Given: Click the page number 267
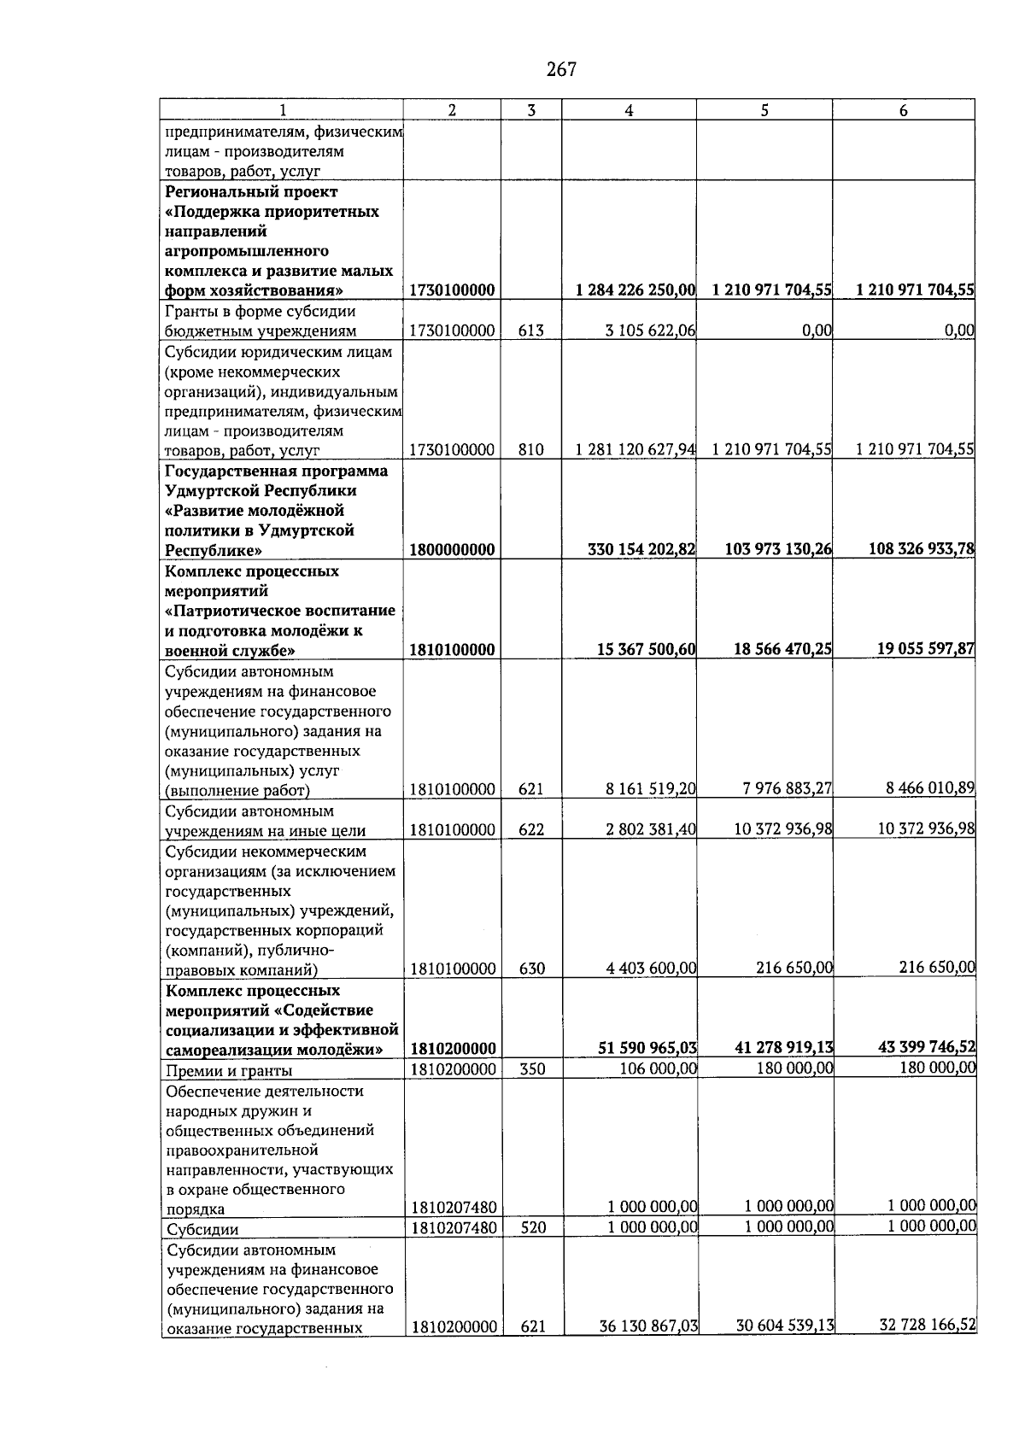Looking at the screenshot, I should click(561, 70).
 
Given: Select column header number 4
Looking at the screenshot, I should click(629, 110).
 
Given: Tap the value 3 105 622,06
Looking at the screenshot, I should click(650, 331).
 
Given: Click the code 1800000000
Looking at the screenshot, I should click(453, 550).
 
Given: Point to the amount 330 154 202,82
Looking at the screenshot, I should click(641, 550).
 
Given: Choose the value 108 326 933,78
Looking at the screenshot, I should click(922, 549).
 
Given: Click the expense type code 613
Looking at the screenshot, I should click(530, 331).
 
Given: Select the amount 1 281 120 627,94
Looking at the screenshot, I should click(635, 450).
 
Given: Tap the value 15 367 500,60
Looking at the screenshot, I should click(646, 650).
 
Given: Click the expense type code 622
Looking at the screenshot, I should click(531, 830).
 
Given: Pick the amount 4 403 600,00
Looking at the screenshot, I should click(651, 969).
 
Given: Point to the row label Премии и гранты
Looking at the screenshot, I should click(229, 1071).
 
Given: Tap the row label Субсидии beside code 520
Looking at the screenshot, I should click(202, 1230).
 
